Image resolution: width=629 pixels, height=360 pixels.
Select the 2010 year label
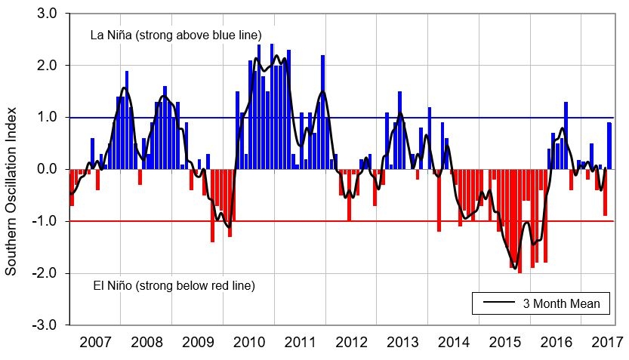(249, 341)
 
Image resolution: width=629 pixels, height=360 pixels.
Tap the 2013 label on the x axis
(403, 341)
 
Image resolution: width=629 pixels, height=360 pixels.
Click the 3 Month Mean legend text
(561, 304)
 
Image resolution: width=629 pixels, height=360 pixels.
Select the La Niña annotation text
(175, 35)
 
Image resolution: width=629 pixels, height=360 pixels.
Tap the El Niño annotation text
(174, 286)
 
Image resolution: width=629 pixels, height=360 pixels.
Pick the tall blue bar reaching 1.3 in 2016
(566, 136)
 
